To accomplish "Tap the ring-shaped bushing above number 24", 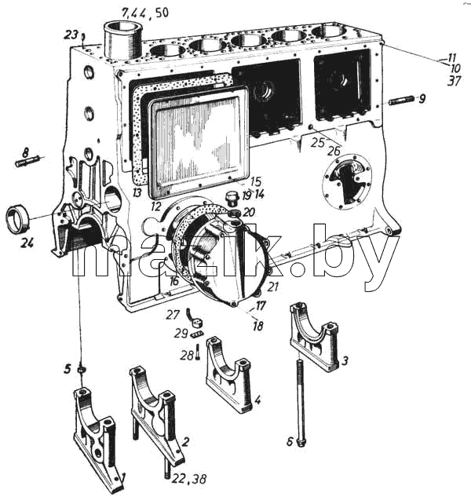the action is (x=18, y=218).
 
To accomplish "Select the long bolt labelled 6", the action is (x=300, y=403).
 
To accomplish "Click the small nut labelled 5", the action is (x=82, y=370).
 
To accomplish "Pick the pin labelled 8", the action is (x=27, y=160).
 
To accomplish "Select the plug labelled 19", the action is (x=232, y=198).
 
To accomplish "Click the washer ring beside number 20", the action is (x=234, y=213).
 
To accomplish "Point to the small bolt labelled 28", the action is (x=197, y=352).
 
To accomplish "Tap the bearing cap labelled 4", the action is (x=228, y=374).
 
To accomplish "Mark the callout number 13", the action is (x=137, y=192).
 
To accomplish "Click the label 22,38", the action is (x=188, y=479).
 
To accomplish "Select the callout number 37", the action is (x=454, y=81).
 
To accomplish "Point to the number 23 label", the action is (x=72, y=35).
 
